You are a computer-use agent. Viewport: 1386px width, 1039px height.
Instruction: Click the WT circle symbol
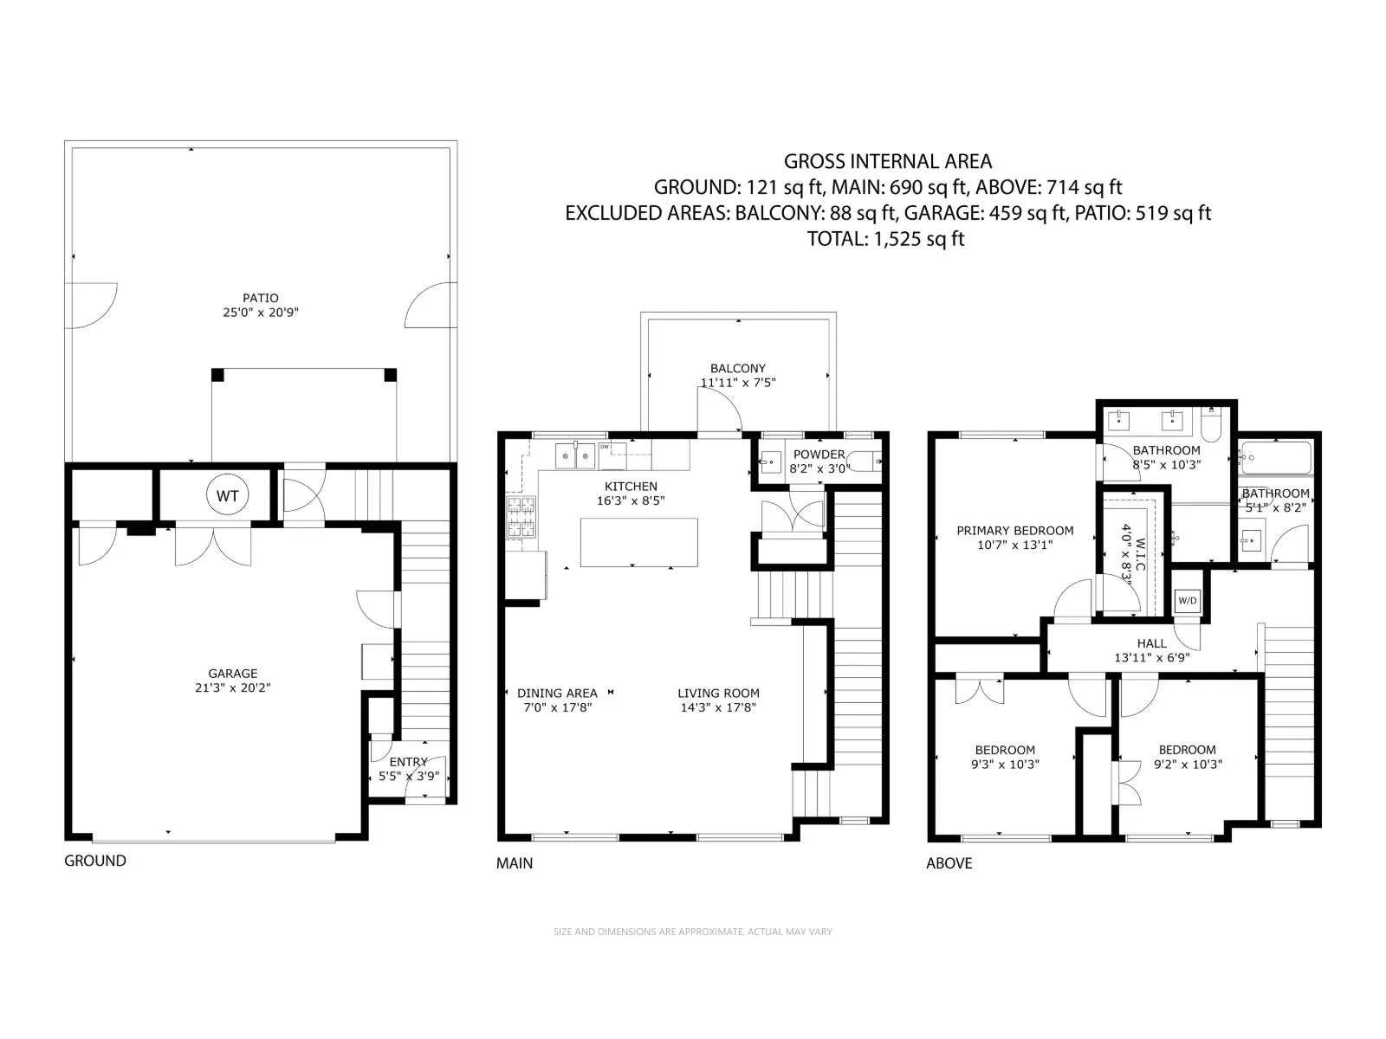227,495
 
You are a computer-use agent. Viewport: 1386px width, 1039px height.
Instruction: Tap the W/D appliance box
1187,601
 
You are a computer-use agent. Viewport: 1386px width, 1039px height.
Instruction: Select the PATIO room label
260,298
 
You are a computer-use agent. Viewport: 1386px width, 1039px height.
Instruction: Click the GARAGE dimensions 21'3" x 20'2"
232,687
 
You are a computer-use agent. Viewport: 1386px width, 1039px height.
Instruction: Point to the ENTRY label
408,761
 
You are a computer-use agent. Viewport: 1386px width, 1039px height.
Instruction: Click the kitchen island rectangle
639,542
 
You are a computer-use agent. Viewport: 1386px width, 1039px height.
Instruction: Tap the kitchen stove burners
521,517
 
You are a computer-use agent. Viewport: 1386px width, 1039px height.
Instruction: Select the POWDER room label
819,455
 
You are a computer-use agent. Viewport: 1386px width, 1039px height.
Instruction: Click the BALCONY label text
737,369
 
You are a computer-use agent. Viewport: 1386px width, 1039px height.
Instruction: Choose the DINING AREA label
557,694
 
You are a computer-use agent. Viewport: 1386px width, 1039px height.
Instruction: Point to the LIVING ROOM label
719,694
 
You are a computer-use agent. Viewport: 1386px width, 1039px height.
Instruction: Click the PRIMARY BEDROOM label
1014,531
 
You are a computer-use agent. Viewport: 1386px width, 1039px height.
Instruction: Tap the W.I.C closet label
1140,554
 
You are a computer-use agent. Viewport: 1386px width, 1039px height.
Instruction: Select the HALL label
1152,643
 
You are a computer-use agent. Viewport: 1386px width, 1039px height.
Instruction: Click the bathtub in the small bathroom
1276,457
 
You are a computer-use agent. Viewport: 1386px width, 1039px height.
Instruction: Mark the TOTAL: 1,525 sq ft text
886,239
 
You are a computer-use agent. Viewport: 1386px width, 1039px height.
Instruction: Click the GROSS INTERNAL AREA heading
888,162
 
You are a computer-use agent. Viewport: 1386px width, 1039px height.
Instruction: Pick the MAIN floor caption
514,863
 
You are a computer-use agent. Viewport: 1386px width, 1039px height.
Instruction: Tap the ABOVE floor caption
949,863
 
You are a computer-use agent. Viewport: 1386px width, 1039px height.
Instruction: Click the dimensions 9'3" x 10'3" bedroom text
1005,764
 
